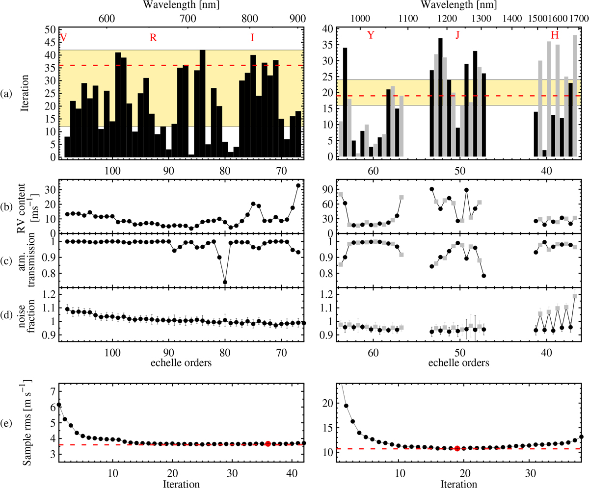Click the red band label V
point(63,37)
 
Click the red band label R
point(153,37)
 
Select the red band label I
point(252,37)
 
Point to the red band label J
point(457,35)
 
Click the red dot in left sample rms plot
point(268,443)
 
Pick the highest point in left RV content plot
point(298,185)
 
